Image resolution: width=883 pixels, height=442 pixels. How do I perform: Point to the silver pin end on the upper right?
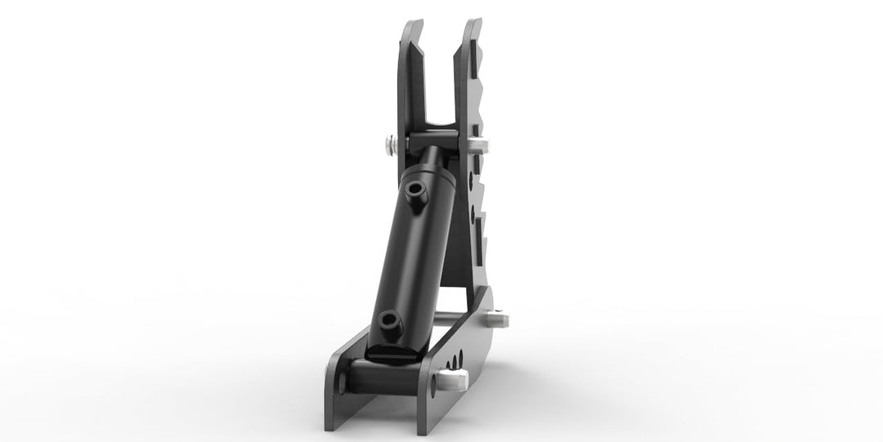coord(482,146)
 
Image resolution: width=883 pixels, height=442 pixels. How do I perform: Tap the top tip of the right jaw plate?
coord(471,22)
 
